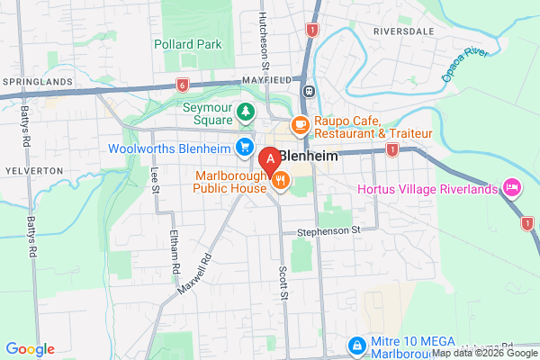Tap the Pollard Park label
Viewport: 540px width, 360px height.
point(186,43)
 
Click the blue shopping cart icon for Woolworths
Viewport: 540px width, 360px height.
point(243,147)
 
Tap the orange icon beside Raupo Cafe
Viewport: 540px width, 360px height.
point(301,124)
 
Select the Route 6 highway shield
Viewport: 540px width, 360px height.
point(183,85)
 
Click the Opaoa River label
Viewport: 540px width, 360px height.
point(464,65)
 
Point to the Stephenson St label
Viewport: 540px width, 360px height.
point(328,230)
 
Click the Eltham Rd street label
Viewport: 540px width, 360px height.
point(175,255)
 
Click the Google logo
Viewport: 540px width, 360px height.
point(30,349)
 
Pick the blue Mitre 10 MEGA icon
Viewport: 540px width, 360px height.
point(357,346)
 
